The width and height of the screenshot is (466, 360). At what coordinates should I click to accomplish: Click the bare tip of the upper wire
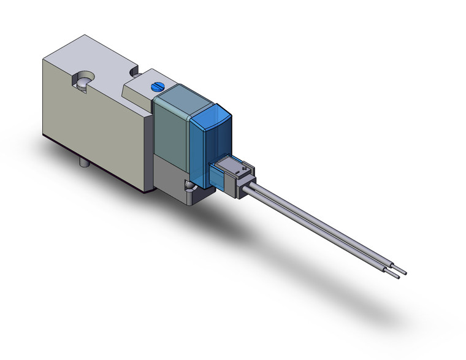pos(403,270)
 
